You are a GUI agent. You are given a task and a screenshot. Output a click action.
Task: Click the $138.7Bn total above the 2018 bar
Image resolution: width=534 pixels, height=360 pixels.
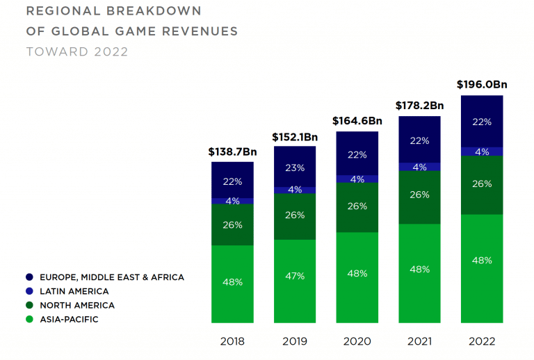pos(232,151)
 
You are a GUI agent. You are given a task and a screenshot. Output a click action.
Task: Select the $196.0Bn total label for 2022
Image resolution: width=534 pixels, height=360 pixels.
pos(482,85)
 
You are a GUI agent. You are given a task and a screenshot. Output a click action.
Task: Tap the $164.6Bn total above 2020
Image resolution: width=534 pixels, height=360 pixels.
pos(357,121)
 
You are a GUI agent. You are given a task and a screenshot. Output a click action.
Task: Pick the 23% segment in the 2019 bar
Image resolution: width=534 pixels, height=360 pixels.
pos(295,167)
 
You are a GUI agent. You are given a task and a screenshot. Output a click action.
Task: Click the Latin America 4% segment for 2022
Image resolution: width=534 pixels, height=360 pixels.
pos(482,152)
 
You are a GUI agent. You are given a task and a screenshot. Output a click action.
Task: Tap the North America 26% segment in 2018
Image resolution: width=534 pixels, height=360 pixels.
pos(232,224)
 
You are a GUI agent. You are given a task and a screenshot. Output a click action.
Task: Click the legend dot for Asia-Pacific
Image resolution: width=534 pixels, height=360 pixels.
pos(29,319)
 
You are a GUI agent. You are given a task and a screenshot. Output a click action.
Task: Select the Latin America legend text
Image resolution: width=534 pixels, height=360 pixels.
pos(75,291)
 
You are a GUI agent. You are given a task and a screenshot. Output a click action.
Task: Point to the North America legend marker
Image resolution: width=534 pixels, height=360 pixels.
pos(29,305)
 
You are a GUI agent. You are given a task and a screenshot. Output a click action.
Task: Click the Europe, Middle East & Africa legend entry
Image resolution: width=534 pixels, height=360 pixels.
pos(111,277)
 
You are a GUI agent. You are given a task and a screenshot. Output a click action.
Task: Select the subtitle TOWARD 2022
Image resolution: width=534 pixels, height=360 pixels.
pos(77,51)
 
